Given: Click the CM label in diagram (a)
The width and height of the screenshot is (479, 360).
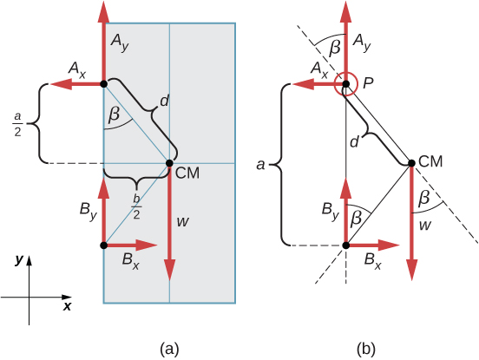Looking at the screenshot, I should (188, 173).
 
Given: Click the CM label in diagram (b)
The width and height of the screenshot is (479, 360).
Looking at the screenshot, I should (431, 161).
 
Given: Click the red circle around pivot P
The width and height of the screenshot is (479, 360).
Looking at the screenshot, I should (345, 84).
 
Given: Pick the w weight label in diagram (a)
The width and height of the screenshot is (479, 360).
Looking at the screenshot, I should (183, 222).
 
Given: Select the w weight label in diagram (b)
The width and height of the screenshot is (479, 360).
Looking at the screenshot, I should (425, 226).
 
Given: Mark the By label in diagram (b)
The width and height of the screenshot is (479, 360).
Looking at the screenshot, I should (331, 210).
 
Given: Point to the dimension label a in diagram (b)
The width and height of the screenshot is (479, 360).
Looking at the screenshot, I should (263, 162).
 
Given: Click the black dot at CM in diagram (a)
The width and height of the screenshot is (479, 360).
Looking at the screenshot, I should (169, 162).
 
